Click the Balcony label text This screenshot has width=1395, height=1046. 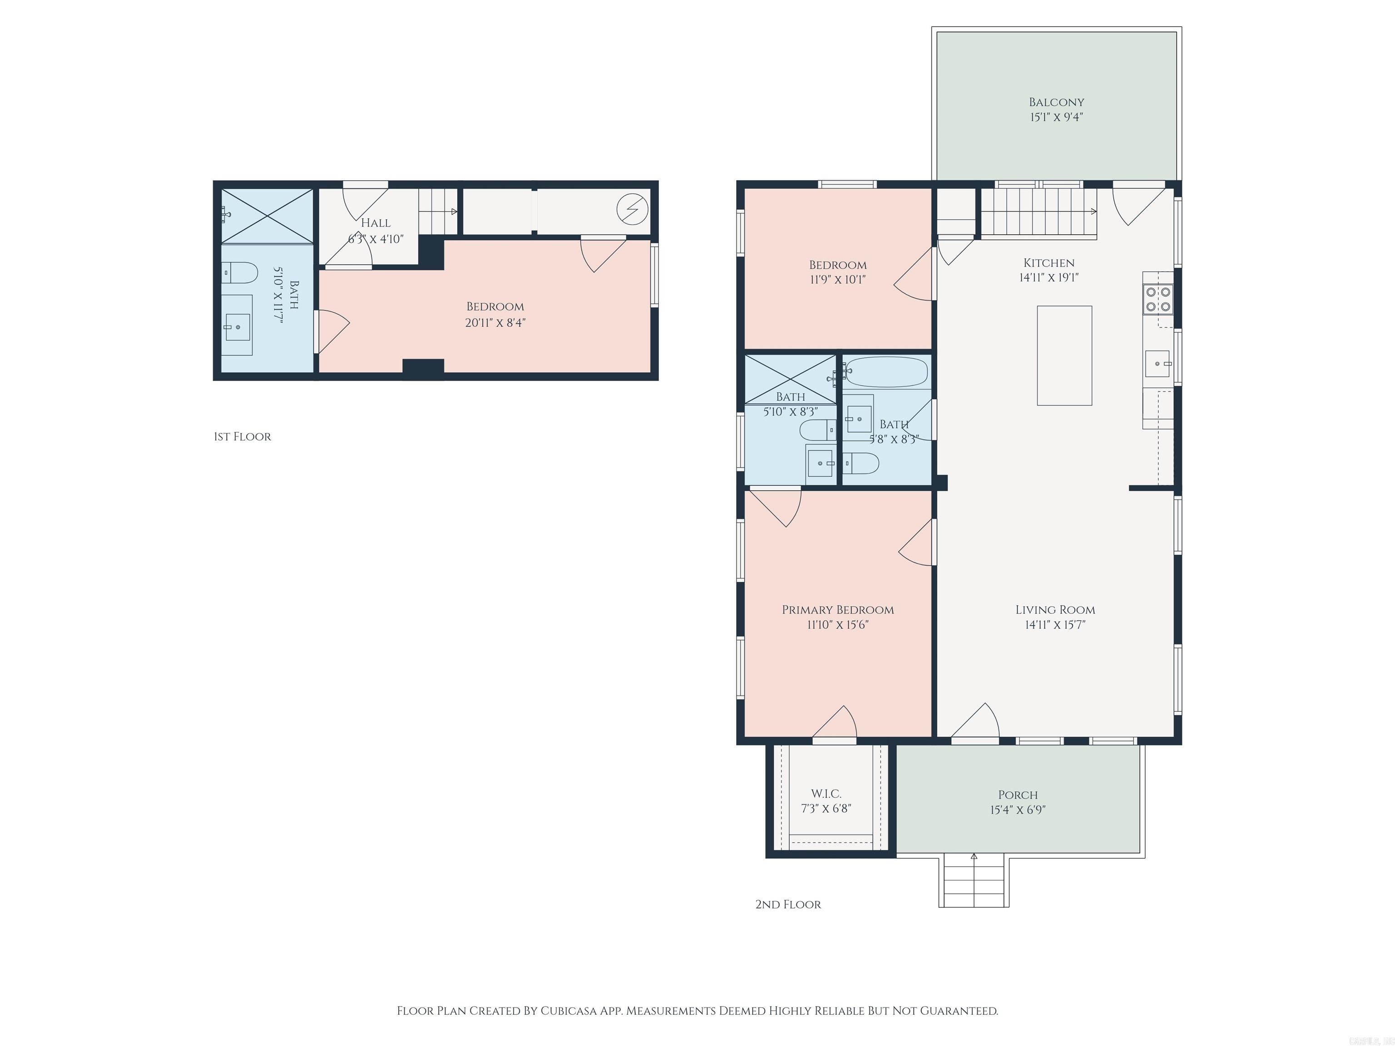(x=1056, y=102)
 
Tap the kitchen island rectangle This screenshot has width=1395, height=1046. (x=1064, y=355)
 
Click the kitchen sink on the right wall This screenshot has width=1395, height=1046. (x=1157, y=364)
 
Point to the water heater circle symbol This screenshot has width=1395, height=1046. (x=632, y=209)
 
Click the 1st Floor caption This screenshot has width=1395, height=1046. (x=242, y=437)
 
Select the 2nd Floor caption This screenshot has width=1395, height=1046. (x=788, y=905)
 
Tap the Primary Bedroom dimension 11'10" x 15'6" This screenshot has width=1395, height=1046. (x=837, y=625)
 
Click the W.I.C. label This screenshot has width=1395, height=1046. (x=826, y=794)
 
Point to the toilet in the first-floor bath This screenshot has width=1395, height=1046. (x=241, y=272)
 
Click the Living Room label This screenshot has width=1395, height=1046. (x=1055, y=610)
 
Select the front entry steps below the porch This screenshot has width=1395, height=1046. (x=974, y=882)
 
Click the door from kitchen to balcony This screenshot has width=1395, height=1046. (x=1137, y=202)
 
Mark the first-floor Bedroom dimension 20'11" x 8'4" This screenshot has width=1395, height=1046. (x=495, y=323)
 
